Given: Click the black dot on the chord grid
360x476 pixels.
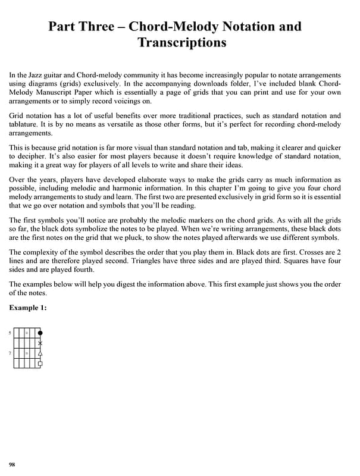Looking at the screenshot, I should [x=40, y=333].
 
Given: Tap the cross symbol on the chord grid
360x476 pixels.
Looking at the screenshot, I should [x=40, y=343].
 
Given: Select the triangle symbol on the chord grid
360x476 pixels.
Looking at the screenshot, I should [x=40, y=353].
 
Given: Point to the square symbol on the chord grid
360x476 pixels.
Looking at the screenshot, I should [x=40, y=363].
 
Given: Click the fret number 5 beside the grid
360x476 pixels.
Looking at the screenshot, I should [x=10, y=333].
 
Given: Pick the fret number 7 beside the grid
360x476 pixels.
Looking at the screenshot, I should [x=10, y=353].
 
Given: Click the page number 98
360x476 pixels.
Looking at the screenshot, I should [x=12, y=464].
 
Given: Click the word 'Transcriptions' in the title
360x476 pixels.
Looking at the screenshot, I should [x=181, y=42].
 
